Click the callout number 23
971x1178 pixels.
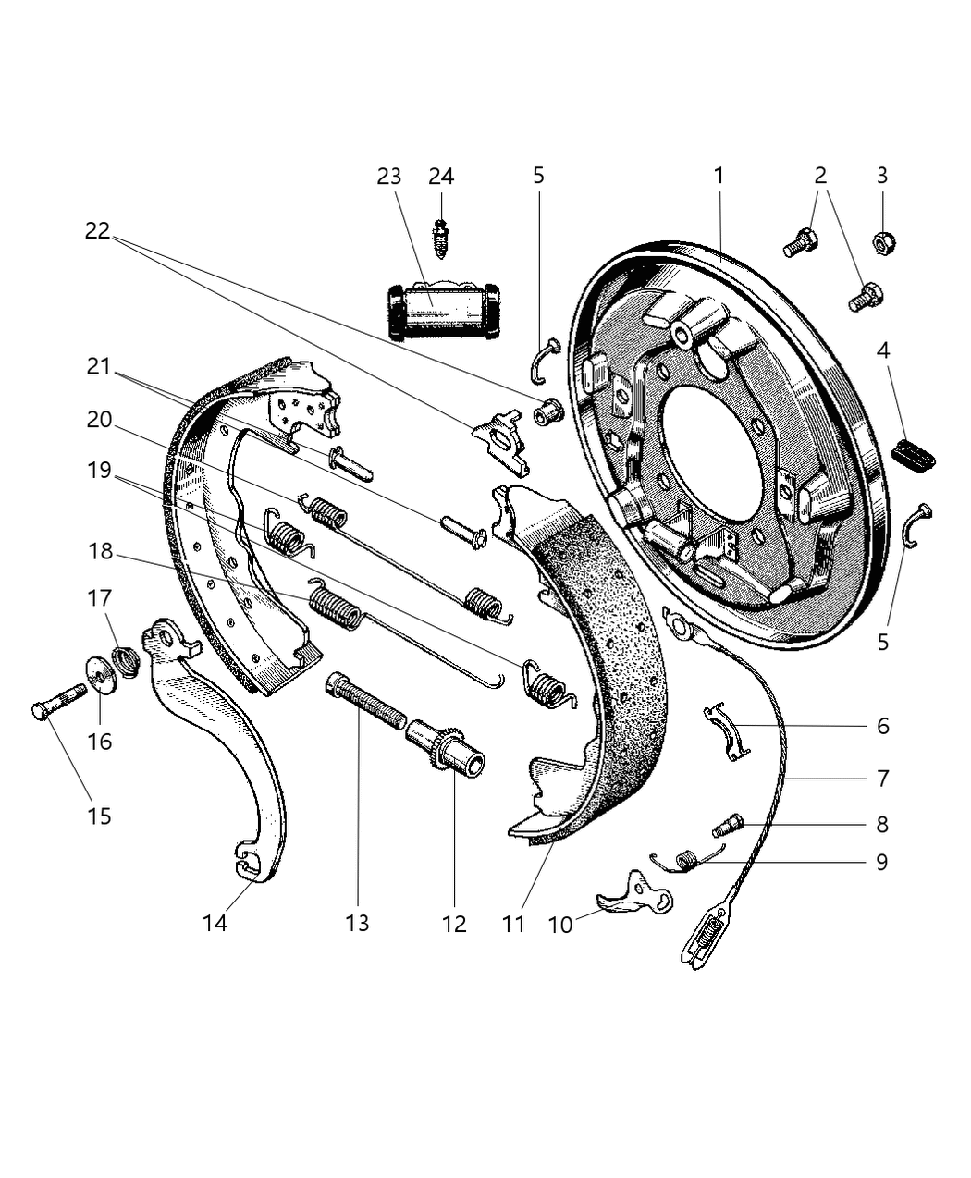(389, 176)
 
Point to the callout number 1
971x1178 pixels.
(719, 175)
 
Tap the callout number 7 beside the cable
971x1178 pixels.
(882, 779)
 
